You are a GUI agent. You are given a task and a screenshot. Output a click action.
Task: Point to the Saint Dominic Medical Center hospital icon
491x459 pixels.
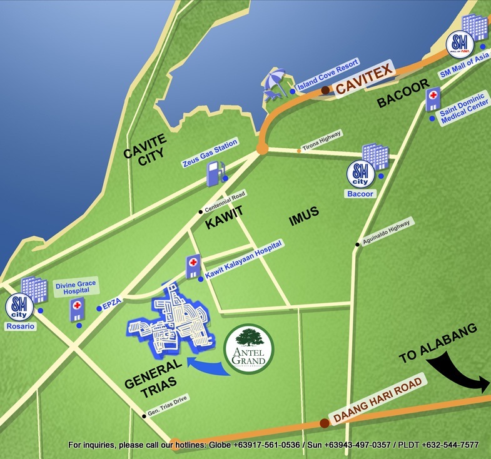pyautogui.click(x=432, y=99)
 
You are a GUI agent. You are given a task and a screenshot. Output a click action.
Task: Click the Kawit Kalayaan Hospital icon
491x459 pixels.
pyautogui.click(x=193, y=266)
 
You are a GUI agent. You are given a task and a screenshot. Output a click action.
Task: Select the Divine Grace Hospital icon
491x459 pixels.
pyautogui.click(x=77, y=310)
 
